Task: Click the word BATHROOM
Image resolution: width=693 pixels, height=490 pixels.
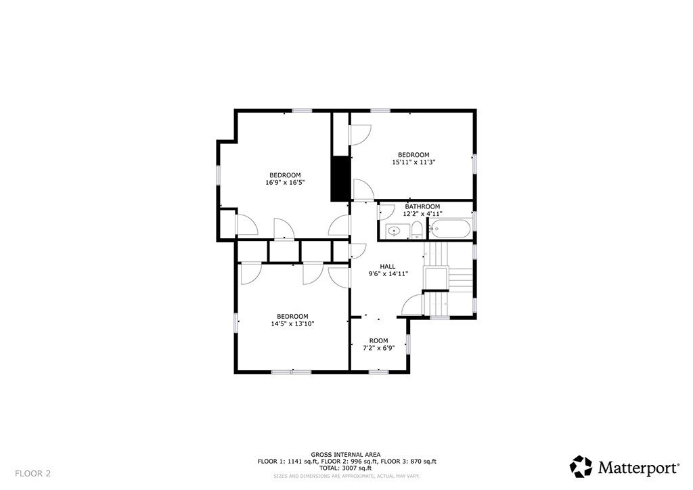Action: (422, 206)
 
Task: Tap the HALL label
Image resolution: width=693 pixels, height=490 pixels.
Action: (387, 266)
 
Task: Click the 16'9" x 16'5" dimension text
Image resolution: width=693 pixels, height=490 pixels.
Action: (285, 182)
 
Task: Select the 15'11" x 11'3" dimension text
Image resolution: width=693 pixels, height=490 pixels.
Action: (413, 162)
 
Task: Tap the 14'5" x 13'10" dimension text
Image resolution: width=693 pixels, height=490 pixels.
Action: (292, 324)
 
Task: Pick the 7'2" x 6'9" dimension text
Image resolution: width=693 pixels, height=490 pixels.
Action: (378, 348)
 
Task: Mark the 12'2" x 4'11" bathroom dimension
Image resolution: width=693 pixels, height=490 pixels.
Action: (422, 214)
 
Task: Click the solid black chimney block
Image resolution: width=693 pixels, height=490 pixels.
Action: (339, 178)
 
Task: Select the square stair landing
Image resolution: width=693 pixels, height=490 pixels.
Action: (436, 278)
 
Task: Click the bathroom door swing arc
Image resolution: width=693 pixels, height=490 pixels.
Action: (386, 210)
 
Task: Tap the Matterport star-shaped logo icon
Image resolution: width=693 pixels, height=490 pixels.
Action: (581, 466)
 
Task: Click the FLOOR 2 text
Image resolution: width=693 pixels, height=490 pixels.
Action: (32, 473)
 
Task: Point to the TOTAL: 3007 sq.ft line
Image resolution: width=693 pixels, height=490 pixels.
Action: (346, 468)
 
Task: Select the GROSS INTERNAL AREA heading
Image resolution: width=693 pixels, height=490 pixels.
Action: (346, 454)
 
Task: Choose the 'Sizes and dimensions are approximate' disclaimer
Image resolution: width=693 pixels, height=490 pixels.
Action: (346, 476)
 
